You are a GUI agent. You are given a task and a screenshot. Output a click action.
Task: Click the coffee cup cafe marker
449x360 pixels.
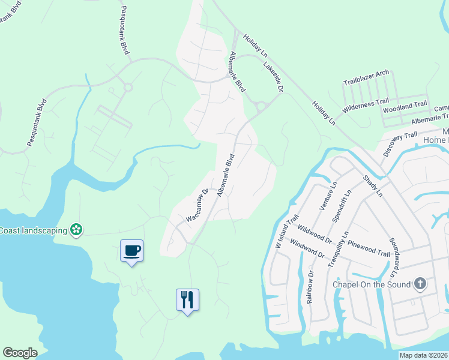131,250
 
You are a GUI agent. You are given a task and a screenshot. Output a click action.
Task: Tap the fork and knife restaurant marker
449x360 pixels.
187,299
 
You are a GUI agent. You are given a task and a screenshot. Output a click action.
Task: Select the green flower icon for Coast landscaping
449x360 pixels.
76,229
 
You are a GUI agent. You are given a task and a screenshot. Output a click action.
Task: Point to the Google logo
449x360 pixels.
20,353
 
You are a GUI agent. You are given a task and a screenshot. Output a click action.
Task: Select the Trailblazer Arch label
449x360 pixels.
366,77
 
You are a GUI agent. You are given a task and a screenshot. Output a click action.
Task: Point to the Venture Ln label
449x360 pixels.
329,196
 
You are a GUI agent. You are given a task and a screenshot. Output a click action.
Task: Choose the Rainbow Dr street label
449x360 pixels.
310,287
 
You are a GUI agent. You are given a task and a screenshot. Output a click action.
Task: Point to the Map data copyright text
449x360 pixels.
424,355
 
